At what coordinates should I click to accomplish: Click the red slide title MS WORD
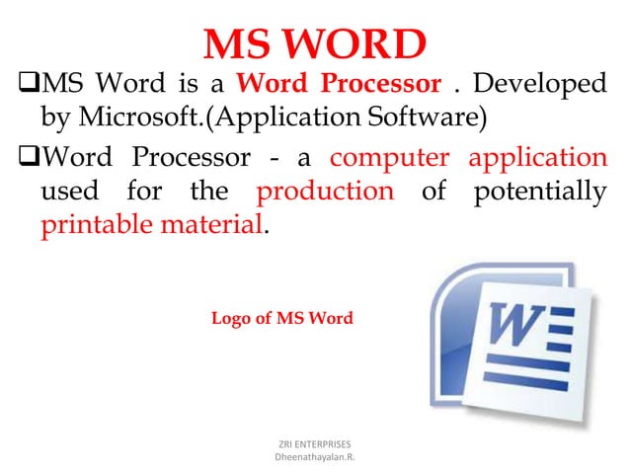314,45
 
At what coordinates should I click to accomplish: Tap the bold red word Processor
386,86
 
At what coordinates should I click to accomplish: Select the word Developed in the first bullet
542,86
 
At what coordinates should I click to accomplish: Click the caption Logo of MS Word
281,319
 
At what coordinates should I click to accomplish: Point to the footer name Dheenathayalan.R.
314,458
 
